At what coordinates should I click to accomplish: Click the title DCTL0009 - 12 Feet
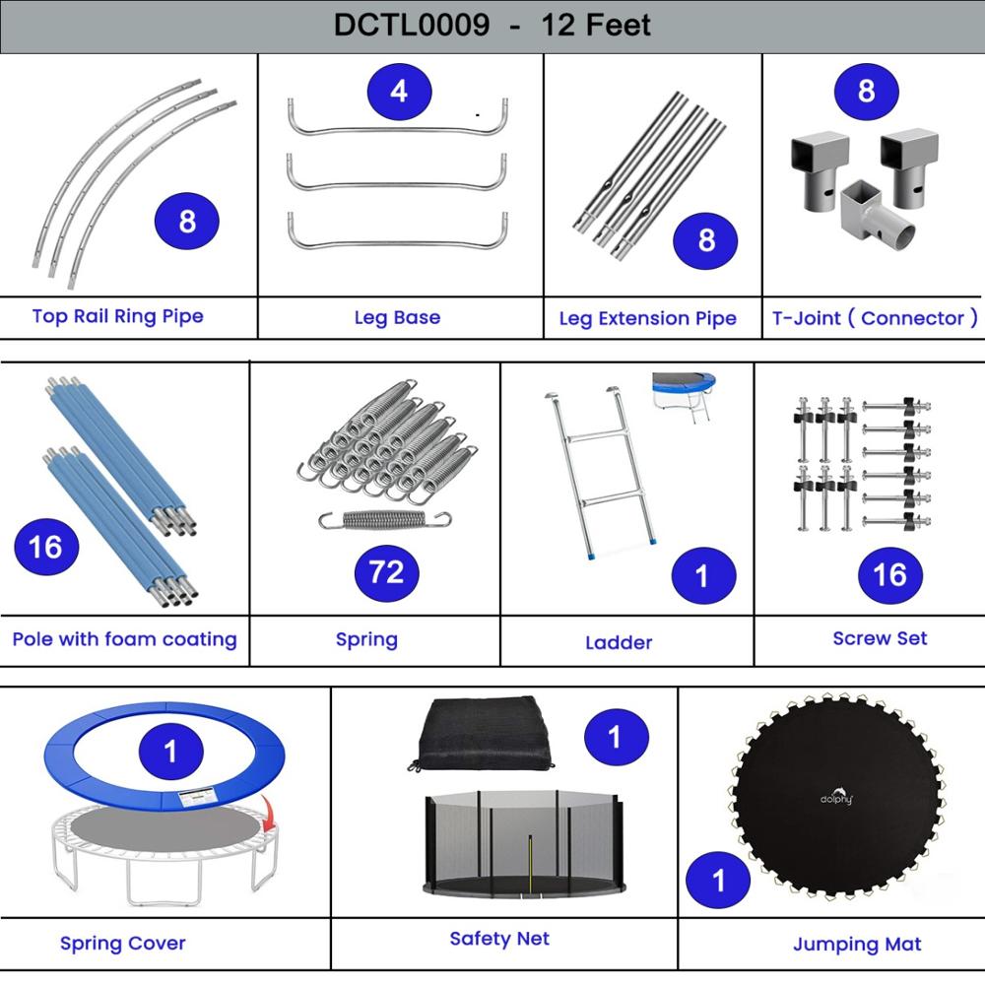(492, 25)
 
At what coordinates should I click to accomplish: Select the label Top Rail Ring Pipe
(118, 316)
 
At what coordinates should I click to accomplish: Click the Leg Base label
(397, 318)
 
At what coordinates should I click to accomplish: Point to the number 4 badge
(398, 92)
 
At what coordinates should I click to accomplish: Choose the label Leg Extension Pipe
(647, 318)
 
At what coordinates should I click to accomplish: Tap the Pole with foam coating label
(125, 639)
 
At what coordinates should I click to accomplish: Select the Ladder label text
(619, 642)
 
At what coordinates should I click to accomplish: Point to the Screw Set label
(880, 638)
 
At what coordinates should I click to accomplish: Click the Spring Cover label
(123, 944)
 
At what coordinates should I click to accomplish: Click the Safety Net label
(499, 939)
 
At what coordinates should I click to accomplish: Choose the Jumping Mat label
(857, 945)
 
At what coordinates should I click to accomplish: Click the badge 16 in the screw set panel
(889, 574)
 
